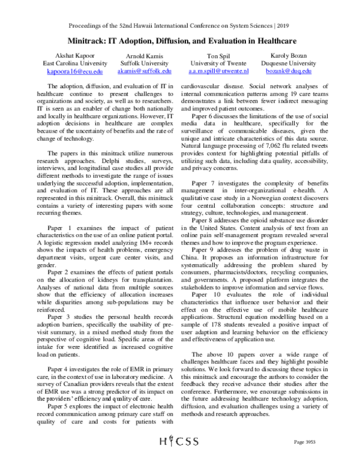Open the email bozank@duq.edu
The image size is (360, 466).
(x=284, y=70)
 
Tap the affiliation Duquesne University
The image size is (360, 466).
(x=284, y=62)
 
